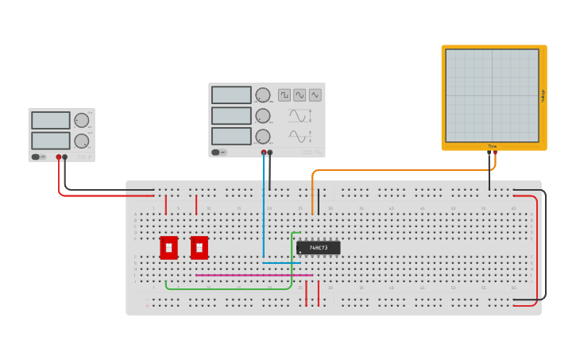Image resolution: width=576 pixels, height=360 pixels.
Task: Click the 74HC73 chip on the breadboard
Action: (319, 248)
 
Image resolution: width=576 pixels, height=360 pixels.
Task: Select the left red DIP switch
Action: (168, 248)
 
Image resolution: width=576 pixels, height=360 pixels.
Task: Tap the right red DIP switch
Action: (199, 248)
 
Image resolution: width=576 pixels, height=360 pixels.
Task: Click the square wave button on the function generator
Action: (284, 95)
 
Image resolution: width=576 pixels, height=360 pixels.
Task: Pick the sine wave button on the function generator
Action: (300, 95)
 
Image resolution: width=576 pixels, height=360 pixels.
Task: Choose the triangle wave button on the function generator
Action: (315, 95)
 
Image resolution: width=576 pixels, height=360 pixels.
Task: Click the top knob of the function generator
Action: (263, 95)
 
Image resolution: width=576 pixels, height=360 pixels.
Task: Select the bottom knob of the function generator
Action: (263, 136)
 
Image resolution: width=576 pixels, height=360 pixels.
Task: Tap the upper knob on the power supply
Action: (81, 120)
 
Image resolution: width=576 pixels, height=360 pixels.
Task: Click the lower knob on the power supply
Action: (81, 141)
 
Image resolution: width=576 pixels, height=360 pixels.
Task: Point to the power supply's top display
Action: (51, 120)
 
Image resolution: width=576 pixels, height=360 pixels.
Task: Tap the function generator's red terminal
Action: (264, 153)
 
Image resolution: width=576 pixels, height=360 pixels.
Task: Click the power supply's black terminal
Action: (65, 157)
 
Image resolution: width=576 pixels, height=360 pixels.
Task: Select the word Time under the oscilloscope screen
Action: (492, 146)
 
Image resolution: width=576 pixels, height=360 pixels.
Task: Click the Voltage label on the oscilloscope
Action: (543, 95)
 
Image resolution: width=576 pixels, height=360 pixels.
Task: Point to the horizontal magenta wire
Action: (254, 276)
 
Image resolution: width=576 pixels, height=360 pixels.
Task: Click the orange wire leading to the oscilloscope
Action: (397, 170)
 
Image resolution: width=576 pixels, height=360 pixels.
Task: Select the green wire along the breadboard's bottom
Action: (230, 288)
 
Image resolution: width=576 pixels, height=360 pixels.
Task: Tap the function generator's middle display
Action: (231, 116)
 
